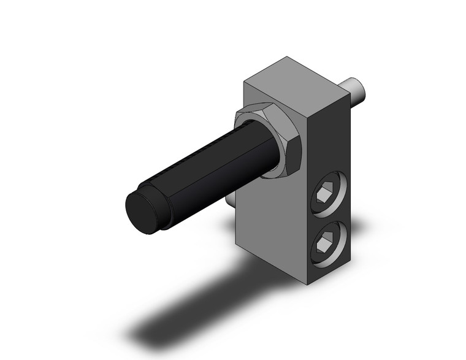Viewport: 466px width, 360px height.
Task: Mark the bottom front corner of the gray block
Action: click(x=307, y=284)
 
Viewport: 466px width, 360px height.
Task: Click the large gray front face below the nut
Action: click(x=270, y=227)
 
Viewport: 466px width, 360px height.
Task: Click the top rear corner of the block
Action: click(x=286, y=58)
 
